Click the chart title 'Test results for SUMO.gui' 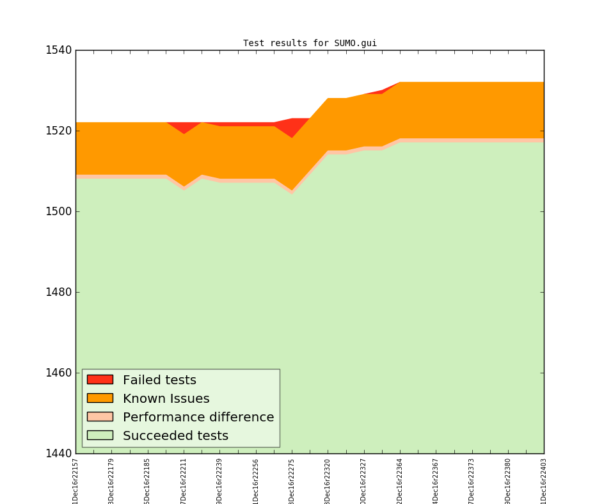coord(310,44)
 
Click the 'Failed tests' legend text coord(159,380)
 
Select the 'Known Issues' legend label coord(166,399)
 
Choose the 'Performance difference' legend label coord(198,418)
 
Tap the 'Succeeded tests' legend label coord(175,436)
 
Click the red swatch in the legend coord(100,380)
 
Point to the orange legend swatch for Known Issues coord(100,398)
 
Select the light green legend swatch coord(100,435)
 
